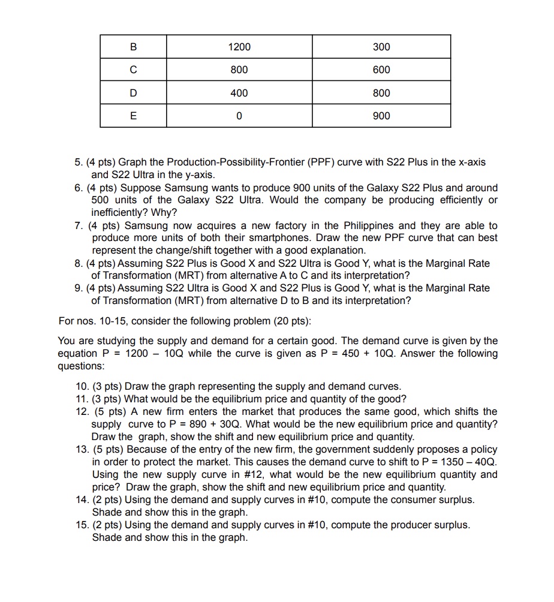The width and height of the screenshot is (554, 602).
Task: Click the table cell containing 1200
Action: pos(239,47)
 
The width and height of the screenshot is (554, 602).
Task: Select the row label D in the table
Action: pos(133,93)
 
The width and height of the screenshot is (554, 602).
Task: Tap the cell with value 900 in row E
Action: pos(381,116)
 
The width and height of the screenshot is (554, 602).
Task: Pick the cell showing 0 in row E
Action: pos(239,116)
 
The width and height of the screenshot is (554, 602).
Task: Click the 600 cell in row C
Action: pos(381,70)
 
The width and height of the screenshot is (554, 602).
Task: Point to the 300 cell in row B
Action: pos(381,47)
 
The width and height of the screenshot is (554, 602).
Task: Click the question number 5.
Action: pos(79,162)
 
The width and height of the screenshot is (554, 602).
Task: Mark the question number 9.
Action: pos(79,288)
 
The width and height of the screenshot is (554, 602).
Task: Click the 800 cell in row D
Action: pos(381,93)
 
